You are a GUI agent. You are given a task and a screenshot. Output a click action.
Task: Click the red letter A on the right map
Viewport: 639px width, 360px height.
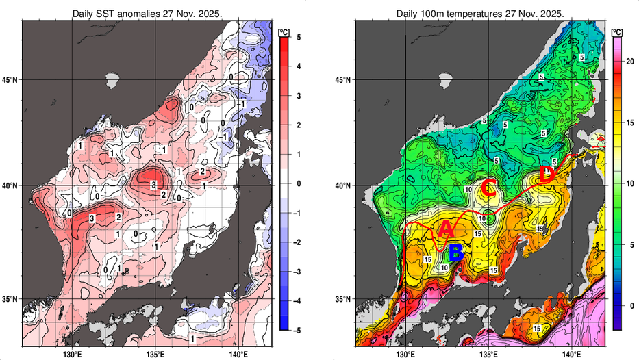[445, 229]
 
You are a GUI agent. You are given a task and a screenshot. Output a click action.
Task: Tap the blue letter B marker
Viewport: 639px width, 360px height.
[457, 254]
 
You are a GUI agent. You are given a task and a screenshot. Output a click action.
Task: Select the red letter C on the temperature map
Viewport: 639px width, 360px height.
[488, 186]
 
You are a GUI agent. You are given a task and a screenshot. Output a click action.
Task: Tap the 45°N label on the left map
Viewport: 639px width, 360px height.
[10, 80]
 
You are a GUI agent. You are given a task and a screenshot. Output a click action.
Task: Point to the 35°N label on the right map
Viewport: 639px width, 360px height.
[344, 300]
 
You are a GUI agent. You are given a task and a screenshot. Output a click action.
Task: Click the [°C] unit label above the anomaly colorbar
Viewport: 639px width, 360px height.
[284, 31]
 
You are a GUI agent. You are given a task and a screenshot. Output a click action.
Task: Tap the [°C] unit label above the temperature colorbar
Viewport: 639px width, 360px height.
[616, 31]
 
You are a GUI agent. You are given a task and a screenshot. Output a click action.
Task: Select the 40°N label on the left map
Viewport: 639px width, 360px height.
[10, 185]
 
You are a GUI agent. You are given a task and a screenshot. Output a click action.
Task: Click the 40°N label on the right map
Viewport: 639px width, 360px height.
[344, 185]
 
